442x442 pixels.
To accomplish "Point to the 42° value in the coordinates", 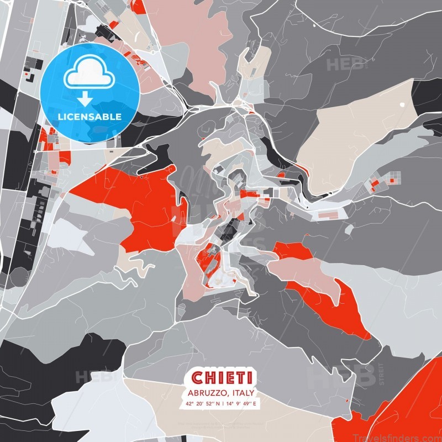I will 190,404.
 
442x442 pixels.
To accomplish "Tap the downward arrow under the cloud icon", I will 84,99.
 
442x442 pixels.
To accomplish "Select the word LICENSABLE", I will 89,117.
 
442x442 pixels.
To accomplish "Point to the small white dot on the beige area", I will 402,104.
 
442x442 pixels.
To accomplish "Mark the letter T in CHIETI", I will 240,378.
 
